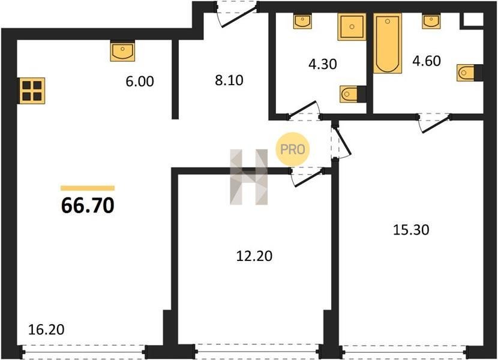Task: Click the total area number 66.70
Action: click(88, 205)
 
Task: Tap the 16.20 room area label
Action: click(46, 329)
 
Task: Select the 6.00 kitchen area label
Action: click(140, 82)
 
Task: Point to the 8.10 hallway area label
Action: click(229, 80)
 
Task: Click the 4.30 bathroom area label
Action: click(323, 64)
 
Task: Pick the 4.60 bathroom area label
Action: click(427, 61)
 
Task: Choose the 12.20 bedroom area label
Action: click(254, 256)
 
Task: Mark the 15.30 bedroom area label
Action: click(411, 229)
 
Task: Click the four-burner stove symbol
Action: click(32, 91)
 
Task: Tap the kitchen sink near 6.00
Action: click(122, 51)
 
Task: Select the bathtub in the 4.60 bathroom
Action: click(388, 43)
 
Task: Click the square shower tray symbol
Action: click(352, 26)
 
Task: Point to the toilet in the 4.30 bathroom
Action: click(353, 94)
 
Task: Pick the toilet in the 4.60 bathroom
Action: click(470, 73)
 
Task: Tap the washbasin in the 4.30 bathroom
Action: click(302, 21)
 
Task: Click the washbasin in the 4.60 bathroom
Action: click(431, 21)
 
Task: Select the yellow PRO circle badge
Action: click(293, 149)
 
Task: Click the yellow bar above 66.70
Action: click(88, 188)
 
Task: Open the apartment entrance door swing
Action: click(236, 14)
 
